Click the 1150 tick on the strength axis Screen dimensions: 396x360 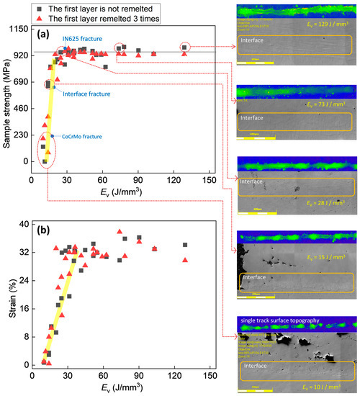26,28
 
